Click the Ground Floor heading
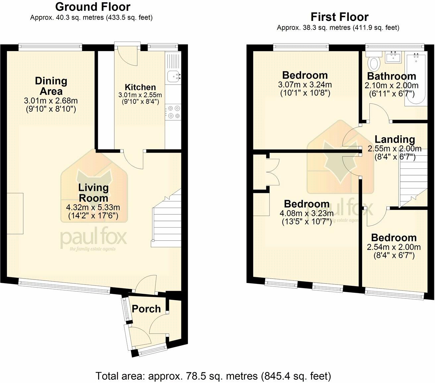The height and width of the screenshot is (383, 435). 93,7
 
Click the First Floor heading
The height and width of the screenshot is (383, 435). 339,17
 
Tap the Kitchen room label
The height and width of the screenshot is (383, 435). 140,87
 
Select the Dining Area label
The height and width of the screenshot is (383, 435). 51,86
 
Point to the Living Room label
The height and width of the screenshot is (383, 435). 93,193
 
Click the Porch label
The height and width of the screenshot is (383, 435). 146,309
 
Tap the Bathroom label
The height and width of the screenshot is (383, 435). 391,76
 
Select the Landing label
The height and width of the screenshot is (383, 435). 395,139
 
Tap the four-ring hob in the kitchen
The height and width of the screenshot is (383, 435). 173,111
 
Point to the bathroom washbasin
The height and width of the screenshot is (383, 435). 393,57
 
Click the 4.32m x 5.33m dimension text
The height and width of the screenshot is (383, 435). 93,208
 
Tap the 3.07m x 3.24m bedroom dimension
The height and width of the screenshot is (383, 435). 305,85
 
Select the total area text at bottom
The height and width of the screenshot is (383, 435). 213,376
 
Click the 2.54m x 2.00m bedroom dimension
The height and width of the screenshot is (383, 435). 394,247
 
